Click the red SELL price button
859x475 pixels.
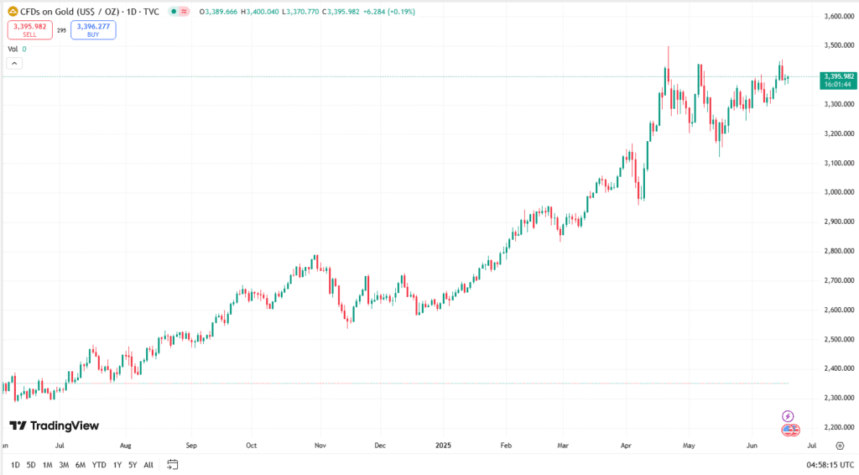pyautogui.click(x=29, y=30)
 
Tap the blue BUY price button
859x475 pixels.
pyautogui.click(x=93, y=30)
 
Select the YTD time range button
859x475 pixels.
pyautogui.click(x=99, y=464)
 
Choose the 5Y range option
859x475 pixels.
pyautogui.click(x=133, y=464)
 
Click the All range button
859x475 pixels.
pyautogui.click(x=148, y=464)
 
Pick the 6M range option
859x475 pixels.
pyautogui.click(x=81, y=464)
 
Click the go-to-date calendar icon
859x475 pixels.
pyautogui.click(x=173, y=464)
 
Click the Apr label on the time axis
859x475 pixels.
pyautogui.click(x=627, y=446)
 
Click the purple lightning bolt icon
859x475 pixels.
pyautogui.click(x=788, y=415)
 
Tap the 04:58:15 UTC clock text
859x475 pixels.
pyautogui.click(x=830, y=464)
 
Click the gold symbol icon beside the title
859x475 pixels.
pyautogui.click(x=13, y=11)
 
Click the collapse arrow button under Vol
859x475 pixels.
pyautogui.click(x=14, y=63)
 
